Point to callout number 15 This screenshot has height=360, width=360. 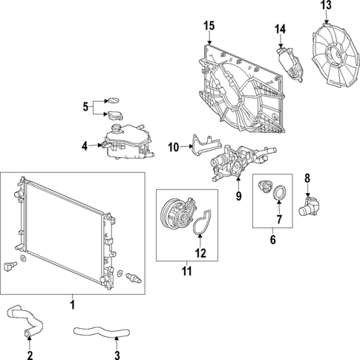209,26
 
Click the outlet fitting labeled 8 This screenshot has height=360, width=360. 312,205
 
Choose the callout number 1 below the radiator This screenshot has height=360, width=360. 72,304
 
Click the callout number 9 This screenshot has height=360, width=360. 238,196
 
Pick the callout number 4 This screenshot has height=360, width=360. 85,145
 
